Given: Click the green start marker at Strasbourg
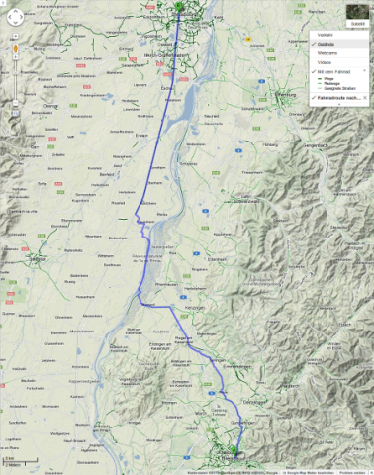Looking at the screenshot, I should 179,9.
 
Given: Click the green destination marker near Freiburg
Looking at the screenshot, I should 234,457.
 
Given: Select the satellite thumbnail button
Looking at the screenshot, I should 356,15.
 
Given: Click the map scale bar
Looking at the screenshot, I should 12,461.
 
